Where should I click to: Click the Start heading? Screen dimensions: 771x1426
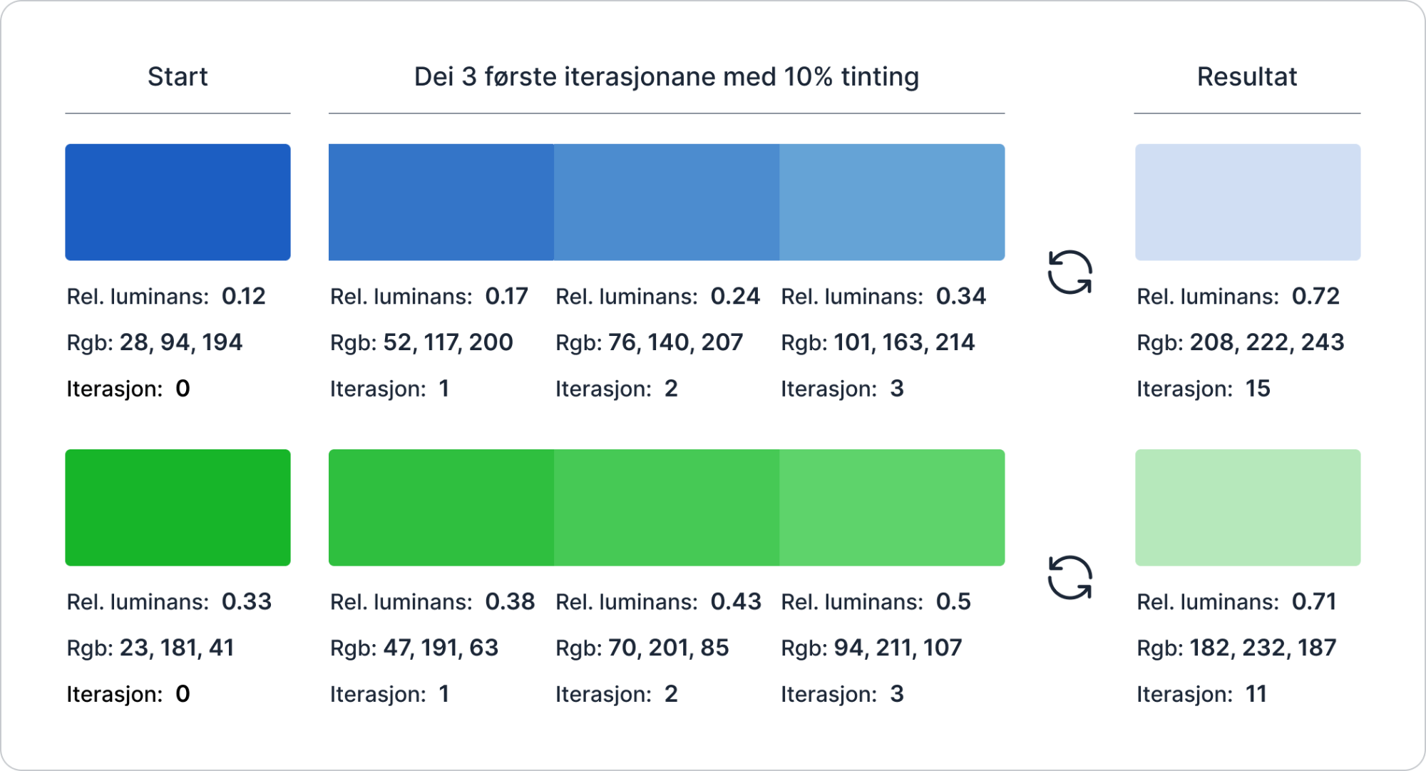[178, 77]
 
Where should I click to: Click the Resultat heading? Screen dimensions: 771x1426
[1246, 77]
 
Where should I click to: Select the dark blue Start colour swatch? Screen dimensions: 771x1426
[178, 202]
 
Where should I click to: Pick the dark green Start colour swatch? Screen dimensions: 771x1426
[178, 507]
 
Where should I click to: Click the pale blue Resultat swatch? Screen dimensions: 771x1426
[1247, 202]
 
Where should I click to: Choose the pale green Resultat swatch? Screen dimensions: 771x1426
[1247, 507]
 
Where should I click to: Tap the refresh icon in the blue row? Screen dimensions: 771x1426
[1069, 272]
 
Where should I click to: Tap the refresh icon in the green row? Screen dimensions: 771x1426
[1069, 578]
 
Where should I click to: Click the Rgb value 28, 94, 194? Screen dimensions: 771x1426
[180, 342]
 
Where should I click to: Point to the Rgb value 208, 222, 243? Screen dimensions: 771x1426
[1266, 342]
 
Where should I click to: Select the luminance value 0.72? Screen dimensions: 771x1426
[1315, 296]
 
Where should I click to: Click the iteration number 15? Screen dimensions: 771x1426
[1257, 389]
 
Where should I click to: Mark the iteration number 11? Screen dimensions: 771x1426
[1256, 694]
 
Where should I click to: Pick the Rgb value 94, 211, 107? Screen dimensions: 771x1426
[898, 648]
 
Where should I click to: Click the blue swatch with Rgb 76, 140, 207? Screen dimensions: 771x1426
[666, 202]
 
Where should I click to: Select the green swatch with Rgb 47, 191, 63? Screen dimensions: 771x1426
[441, 507]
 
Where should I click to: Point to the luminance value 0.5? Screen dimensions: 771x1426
[953, 602]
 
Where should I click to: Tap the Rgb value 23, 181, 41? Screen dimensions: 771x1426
[176, 648]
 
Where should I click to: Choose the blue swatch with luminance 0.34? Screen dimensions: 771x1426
[892, 202]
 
